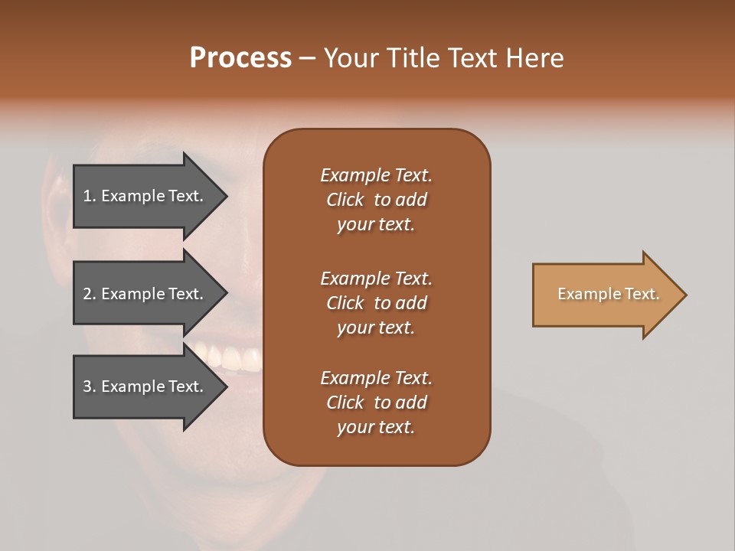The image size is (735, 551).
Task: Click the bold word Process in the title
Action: point(240,58)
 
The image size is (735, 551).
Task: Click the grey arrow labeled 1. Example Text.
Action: point(145,196)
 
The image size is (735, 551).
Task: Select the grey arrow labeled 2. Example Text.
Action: point(145,294)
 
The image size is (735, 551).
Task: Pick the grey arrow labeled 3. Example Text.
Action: point(145,386)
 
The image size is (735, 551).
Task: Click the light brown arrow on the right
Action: point(605,295)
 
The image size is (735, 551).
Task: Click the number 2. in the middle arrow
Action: point(90,294)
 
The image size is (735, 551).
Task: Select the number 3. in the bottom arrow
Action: point(90,386)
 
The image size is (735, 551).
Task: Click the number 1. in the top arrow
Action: point(90,196)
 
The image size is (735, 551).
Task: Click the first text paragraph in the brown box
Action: point(376,200)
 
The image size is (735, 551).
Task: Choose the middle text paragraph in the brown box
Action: point(376,303)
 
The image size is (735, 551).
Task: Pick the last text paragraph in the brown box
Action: point(376,403)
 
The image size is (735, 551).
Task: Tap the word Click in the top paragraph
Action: point(345,200)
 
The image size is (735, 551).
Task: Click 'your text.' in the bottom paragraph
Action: point(376,428)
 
